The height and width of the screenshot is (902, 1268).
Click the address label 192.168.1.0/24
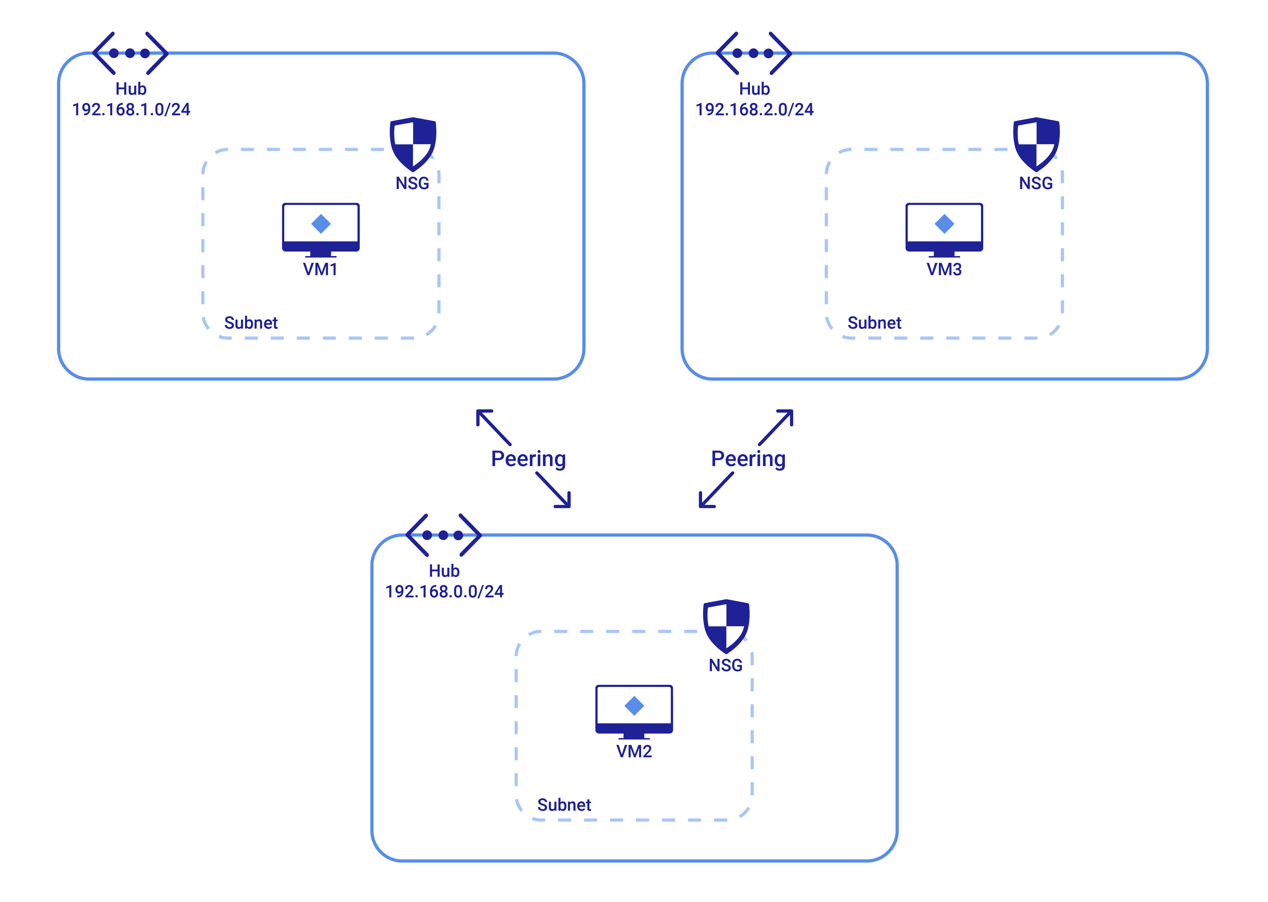click(131, 109)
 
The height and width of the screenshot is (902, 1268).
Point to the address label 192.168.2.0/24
click(754, 109)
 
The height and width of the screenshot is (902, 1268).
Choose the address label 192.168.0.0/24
click(444, 591)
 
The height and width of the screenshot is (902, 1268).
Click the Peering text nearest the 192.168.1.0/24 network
click(528, 459)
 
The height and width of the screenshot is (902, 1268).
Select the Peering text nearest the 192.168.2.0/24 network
click(748, 459)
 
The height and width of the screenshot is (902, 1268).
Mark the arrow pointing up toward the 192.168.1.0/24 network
click(493, 427)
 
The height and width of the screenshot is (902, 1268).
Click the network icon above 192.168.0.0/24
click(443, 535)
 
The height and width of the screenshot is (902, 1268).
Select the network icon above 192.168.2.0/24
click(753, 53)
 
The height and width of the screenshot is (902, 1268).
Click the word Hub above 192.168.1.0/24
click(131, 89)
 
